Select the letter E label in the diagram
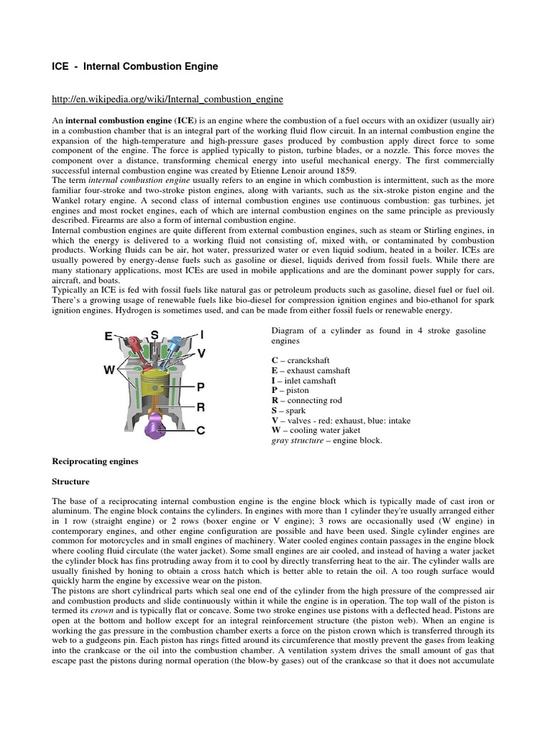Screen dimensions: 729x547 pos(108,336)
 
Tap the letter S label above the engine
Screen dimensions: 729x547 pos(154,335)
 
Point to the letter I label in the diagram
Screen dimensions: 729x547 pos(202,335)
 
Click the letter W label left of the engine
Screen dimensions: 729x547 pos(109,371)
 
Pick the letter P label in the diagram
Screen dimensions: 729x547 pos(201,387)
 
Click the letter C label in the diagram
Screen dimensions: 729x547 pos(201,430)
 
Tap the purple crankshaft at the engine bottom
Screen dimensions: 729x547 pos(155,429)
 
